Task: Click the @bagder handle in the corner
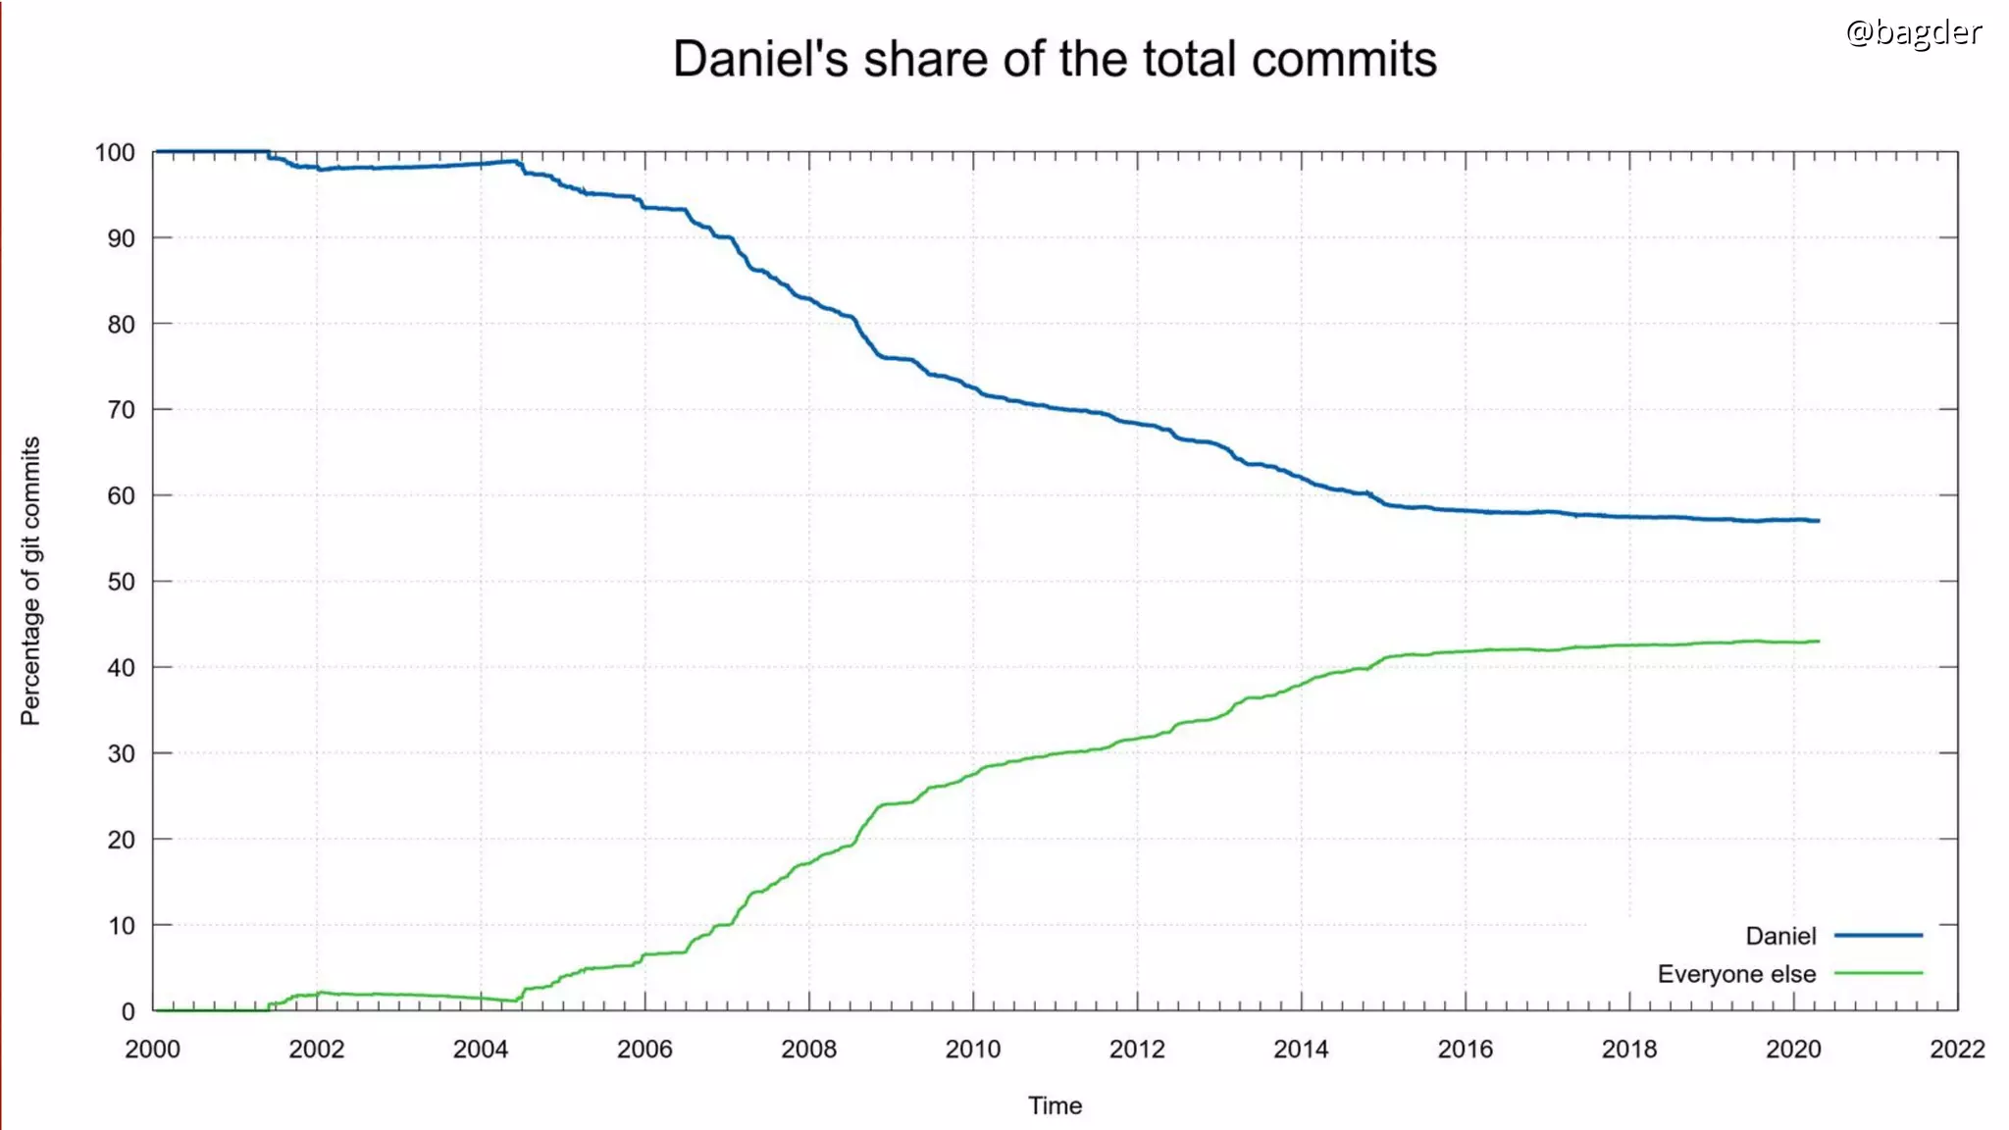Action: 1913,32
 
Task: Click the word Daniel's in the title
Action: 759,59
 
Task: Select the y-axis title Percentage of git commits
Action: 31,581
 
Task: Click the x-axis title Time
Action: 1055,1105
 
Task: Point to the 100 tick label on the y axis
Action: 115,153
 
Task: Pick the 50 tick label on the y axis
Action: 121,582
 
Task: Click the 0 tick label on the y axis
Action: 128,1011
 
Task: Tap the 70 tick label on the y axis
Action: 121,410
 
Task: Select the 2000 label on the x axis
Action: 152,1049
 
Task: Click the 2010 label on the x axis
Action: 972,1049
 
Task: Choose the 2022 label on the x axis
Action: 1957,1049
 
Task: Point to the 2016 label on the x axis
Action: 1465,1049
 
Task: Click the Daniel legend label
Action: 1780,936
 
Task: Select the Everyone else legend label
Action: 1736,974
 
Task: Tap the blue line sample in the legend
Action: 1878,936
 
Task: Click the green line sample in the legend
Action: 1878,973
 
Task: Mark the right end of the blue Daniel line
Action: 1818,521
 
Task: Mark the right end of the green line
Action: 1818,642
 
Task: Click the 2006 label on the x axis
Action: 644,1049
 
